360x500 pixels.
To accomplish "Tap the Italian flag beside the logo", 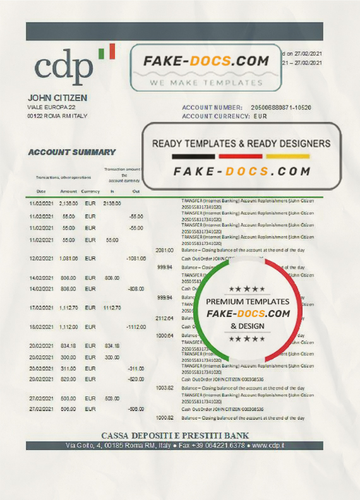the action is [108, 51].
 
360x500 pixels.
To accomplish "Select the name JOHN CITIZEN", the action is [57, 98].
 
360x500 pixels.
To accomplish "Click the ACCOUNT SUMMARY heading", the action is [71, 152].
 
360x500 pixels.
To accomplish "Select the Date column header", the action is [40, 191].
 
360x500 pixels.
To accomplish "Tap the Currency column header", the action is [90, 191].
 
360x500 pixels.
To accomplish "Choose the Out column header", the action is [136, 191].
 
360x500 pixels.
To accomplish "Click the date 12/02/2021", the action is [40, 259].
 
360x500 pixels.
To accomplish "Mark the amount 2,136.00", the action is [68, 204].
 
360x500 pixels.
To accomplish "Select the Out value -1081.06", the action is [136, 259].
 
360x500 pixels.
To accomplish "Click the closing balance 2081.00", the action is [164, 250].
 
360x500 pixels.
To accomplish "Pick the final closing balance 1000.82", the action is [164, 418].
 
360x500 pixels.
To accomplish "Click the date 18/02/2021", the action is [40, 327].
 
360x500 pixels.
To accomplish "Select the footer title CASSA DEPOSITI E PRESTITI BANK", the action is [175, 436].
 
